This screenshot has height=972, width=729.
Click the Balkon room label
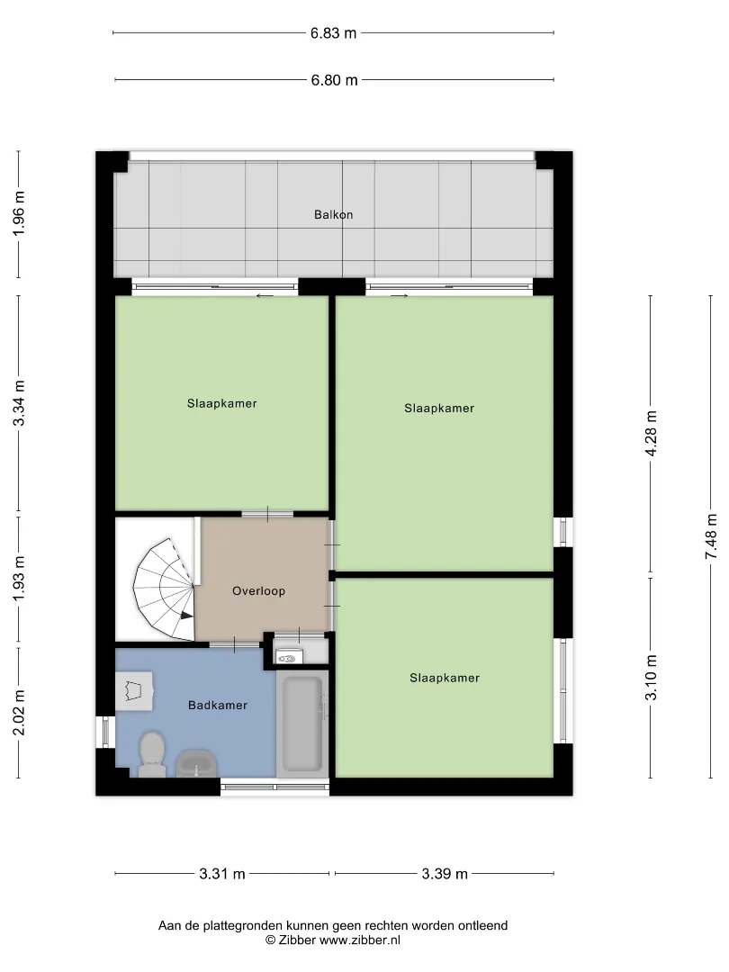click(x=334, y=214)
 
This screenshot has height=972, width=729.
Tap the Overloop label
click(x=258, y=590)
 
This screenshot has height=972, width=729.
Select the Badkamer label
click(x=218, y=705)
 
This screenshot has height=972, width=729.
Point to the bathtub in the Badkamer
click(x=301, y=723)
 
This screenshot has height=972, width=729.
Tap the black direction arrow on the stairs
click(x=186, y=615)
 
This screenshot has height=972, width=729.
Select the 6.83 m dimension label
click(x=334, y=33)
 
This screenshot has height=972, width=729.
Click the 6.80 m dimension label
click(x=334, y=80)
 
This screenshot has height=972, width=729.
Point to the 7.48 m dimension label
click(x=711, y=536)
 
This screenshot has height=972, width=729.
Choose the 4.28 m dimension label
click(x=651, y=433)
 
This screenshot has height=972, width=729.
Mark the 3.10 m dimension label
click(x=651, y=678)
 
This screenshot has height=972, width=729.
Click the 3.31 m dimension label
click(x=222, y=874)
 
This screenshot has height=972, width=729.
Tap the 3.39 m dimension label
click(x=445, y=874)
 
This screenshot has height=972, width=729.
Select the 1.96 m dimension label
click(x=19, y=212)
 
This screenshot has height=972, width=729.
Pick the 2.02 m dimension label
click(x=19, y=713)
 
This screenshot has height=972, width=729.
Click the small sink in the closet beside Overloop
click(x=289, y=657)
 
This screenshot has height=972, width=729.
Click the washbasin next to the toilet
click(x=196, y=764)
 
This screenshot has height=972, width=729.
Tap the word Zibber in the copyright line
click(x=296, y=940)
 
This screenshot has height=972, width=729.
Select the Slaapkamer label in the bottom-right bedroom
click(x=445, y=679)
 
